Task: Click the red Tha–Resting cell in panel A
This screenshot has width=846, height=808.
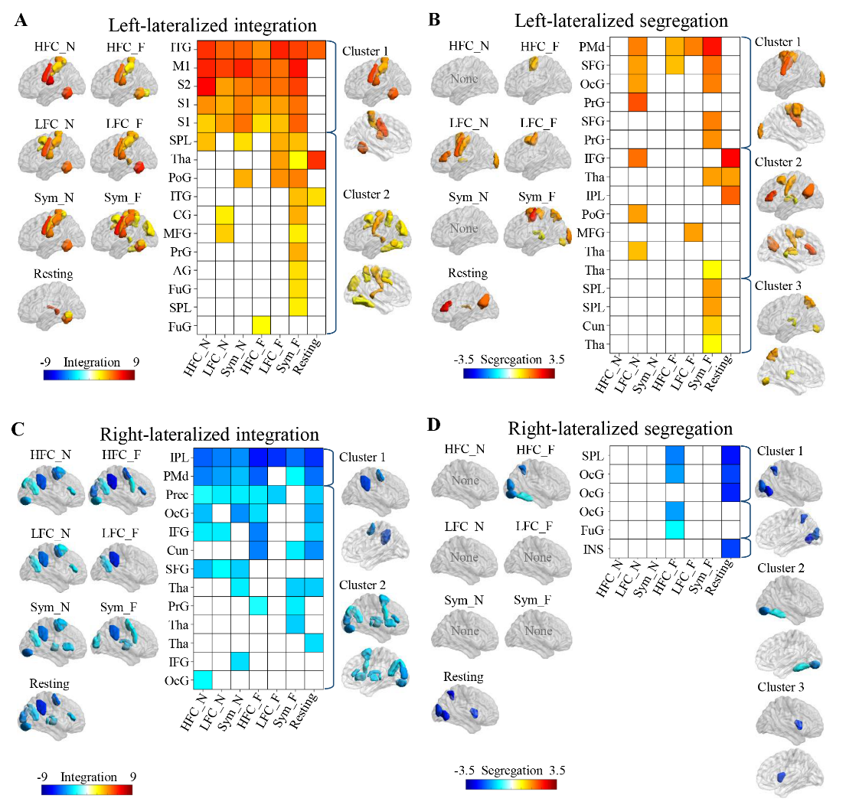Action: pos(318,159)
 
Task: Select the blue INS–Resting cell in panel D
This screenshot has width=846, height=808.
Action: pos(731,547)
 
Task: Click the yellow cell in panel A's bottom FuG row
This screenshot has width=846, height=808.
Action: pos(260,325)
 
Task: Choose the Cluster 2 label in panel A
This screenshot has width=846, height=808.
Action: pos(367,194)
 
